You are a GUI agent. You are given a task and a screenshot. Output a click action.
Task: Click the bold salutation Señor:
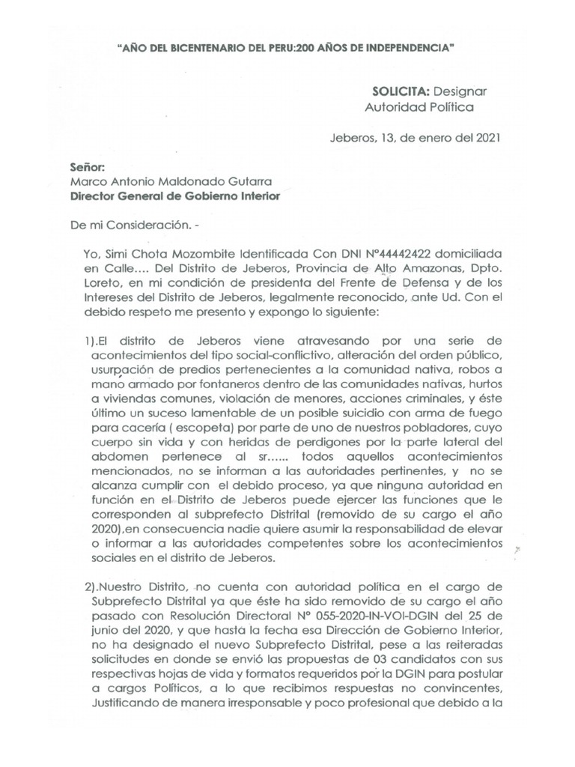88,167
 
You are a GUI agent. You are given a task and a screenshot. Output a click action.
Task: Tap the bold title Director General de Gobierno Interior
174,196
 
